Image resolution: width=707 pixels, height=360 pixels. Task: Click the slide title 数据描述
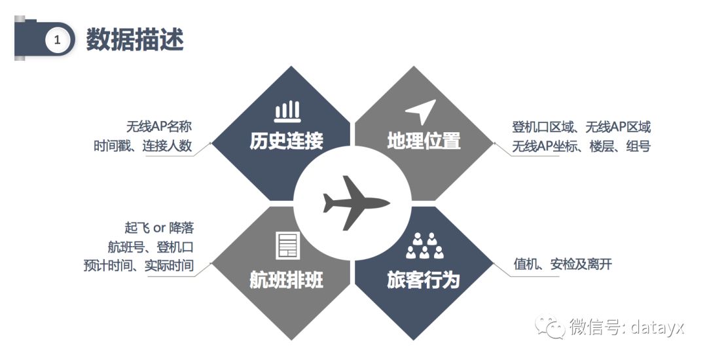135,39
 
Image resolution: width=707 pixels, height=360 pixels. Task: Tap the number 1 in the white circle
57,40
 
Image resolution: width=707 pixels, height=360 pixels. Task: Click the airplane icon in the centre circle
356,202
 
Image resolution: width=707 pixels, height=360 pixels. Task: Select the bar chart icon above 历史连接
287,111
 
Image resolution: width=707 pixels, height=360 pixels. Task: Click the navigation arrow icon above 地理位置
421,111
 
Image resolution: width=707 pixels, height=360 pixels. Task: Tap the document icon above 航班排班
287,246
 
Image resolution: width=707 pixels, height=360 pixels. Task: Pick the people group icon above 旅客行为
425,246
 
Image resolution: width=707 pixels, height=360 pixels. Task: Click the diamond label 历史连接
286,141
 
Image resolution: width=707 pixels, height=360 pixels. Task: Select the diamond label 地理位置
424,141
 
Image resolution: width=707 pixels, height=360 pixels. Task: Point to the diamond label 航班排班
286,279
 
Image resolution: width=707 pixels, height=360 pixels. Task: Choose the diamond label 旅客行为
423,279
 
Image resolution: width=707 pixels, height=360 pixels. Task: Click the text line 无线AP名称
159,126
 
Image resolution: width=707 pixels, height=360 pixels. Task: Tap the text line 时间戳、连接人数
143,145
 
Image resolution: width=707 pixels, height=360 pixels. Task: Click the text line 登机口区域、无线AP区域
581,127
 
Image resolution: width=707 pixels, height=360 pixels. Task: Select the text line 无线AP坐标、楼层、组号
581,146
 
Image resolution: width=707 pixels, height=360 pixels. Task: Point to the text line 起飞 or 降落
159,228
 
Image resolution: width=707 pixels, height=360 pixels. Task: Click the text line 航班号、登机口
151,247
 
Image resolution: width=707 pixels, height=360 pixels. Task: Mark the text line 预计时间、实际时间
138,265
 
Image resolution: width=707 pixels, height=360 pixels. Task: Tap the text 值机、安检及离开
563,264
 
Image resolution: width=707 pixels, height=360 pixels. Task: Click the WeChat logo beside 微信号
550,327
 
